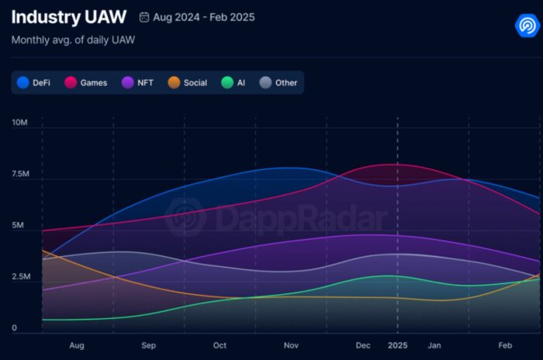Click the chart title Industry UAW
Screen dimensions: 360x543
69,17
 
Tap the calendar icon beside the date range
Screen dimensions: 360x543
144,17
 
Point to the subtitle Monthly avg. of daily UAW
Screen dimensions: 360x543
73,39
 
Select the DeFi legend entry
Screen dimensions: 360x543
33,82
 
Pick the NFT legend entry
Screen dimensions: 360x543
138,82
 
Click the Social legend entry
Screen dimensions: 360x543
188,82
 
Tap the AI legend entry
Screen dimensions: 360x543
236,82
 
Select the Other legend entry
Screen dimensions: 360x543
278,82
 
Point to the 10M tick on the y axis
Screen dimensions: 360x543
20,123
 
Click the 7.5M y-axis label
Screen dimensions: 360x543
20,175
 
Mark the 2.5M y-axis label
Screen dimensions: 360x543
20,277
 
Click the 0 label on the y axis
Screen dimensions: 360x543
14,328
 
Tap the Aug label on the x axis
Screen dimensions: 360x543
76,345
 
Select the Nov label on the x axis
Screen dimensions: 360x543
291,345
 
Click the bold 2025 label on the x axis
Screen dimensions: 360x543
397,345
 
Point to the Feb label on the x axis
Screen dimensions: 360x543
505,345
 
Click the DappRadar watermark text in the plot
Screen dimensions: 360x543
299,219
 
